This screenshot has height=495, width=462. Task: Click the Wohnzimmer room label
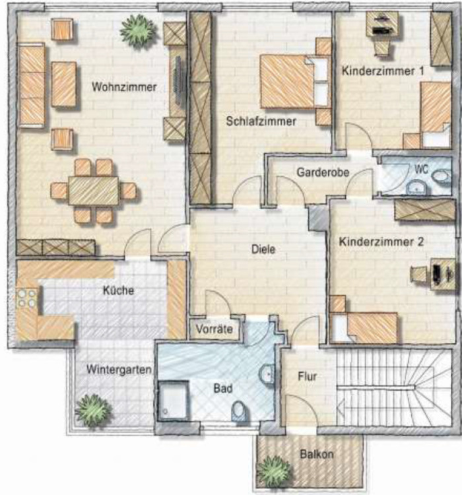point(124,86)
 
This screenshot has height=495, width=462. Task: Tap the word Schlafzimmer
point(260,121)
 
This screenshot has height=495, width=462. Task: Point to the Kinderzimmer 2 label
point(381,242)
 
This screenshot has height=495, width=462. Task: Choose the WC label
point(422,169)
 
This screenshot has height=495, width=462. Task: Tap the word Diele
point(263,249)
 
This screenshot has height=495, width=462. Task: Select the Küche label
point(119,290)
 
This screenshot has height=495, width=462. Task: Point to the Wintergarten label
point(111,370)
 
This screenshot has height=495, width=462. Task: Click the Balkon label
point(317,454)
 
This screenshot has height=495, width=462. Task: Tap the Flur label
point(307,378)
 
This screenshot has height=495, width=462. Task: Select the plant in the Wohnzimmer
point(139,31)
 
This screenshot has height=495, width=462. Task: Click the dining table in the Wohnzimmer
point(94,191)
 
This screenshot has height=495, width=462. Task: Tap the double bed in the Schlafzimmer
point(288,82)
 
